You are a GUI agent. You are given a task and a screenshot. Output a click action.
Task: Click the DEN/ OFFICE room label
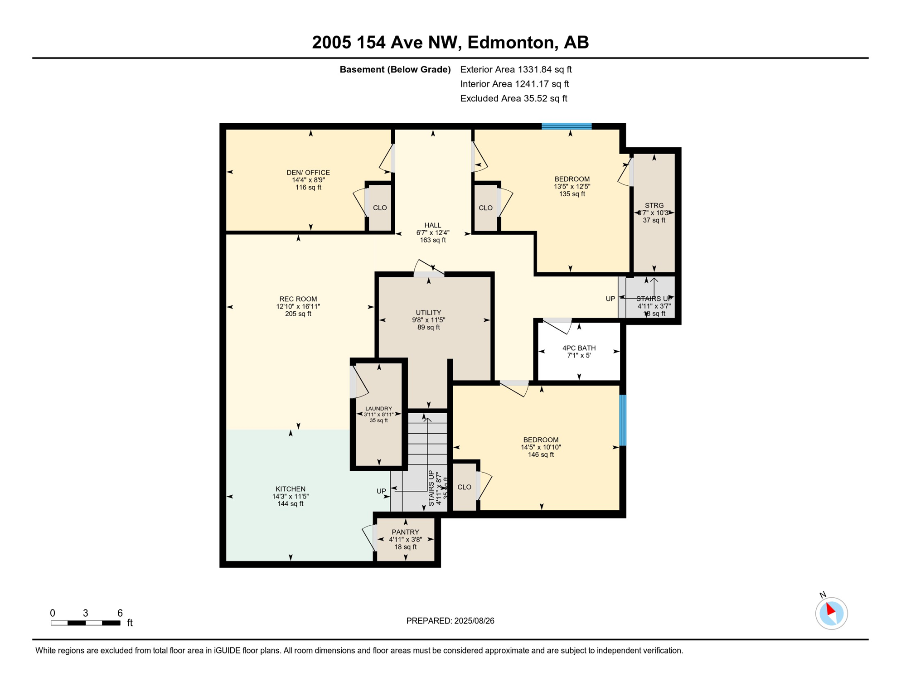pyautogui.click(x=308, y=173)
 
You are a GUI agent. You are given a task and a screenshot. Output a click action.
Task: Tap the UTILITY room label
pyautogui.click(x=428, y=313)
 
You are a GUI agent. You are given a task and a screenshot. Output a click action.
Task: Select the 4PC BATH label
pyautogui.click(x=579, y=348)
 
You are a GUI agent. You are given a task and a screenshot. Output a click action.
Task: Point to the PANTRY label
pyautogui.click(x=405, y=532)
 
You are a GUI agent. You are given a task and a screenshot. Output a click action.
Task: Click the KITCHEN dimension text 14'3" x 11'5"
pyautogui.click(x=291, y=496)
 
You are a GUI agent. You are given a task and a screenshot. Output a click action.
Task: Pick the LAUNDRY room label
pyautogui.click(x=378, y=409)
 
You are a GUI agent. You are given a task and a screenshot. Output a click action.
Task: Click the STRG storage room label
pyautogui.click(x=654, y=205)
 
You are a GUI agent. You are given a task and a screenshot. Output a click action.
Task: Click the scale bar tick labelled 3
pyautogui.click(x=85, y=613)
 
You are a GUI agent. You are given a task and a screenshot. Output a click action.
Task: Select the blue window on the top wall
pyautogui.click(x=567, y=126)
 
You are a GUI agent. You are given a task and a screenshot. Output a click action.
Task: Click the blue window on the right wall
pyautogui.click(x=623, y=420)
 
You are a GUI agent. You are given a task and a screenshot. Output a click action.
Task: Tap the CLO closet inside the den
pyautogui.click(x=380, y=208)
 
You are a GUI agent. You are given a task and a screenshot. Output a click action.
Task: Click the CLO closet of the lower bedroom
pyautogui.click(x=464, y=487)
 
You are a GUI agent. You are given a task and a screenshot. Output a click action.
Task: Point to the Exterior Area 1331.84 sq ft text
pyautogui.click(x=516, y=69)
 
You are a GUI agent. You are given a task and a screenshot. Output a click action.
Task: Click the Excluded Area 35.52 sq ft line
pyautogui.click(x=513, y=98)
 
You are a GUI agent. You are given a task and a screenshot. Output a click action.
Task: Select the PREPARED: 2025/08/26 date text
pyautogui.click(x=450, y=621)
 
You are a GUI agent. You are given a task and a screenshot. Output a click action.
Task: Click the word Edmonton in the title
pyautogui.click(x=511, y=42)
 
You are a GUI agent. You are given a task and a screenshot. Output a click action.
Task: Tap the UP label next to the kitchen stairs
pyautogui.click(x=381, y=491)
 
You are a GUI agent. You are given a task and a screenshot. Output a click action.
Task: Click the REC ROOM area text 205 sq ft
pyautogui.click(x=298, y=314)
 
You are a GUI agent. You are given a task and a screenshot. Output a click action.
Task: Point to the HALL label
pyautogui.click(x=432, y=225)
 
